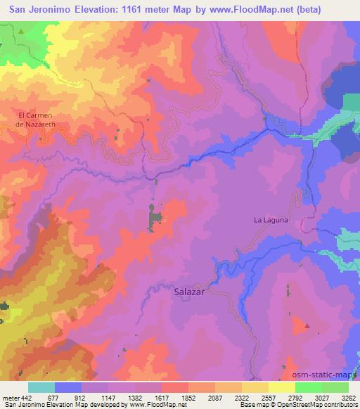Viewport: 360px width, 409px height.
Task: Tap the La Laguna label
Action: click(x=271, y=220)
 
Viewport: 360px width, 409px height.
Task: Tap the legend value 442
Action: click(x=26, y=396)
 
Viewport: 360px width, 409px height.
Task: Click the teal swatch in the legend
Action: click(x=41, y=387)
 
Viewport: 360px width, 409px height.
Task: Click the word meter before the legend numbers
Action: click(x=10, y=396)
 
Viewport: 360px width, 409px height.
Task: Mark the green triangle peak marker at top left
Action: click(x=21, y=32)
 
